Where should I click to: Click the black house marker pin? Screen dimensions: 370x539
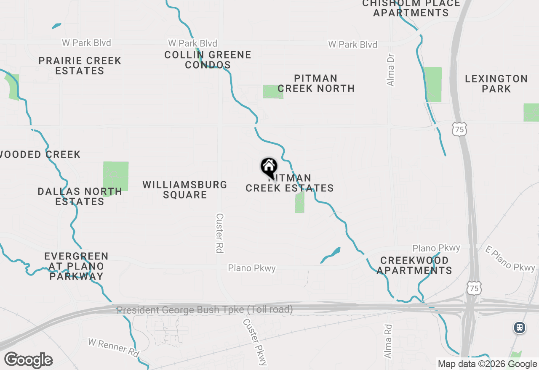coord(269,167)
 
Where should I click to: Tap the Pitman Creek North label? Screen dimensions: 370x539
coord(316,83)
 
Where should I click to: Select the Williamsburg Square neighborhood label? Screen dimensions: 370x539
coord(185,190)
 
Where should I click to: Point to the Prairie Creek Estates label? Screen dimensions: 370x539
coord(80,66)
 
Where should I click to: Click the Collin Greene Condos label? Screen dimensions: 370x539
coord(208,60)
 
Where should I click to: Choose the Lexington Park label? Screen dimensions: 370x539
coord(496,84)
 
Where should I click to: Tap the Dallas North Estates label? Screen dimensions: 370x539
coord(80,196)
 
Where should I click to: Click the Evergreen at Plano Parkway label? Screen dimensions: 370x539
coord(76,266)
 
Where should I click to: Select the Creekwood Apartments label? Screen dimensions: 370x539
coord(414,265)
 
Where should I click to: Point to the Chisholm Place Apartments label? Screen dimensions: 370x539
coord(411,8)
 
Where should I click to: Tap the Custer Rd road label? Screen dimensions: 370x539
coord(219,233)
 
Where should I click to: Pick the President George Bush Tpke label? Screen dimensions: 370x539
coord(205,310)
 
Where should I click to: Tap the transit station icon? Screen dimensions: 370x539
coord(520,328)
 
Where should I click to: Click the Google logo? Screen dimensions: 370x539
coord(28,360)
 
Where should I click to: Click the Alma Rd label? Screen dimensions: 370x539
coord(388,341)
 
